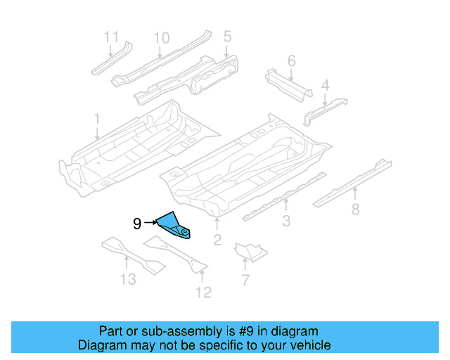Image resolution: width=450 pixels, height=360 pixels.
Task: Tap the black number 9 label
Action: click(137, 224)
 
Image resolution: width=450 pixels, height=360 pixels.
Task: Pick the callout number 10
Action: click(162, 37)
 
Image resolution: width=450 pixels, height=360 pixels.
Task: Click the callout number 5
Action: click(227, 35)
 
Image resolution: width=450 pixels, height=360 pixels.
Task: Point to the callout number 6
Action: click(291, 60)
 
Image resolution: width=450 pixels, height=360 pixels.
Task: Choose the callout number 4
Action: click(325, 86)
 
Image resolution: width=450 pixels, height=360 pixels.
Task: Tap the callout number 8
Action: click(355, 208)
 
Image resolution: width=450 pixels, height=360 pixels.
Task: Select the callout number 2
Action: click(217, 242)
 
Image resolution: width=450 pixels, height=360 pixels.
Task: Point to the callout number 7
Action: click(245, 281)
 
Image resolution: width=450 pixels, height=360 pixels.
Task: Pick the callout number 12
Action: click(203, 292)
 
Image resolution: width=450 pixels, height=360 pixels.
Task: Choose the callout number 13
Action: click(127, 280)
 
